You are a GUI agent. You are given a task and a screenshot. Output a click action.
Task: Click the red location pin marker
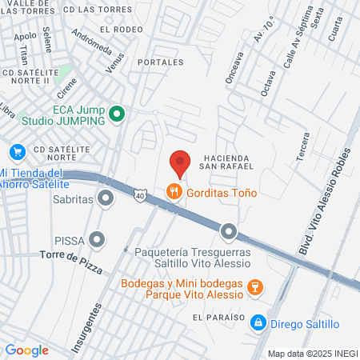(180, 162)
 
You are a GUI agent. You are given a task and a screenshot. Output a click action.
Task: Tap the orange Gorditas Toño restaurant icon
(173, 192)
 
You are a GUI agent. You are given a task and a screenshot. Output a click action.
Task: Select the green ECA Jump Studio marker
(117, 114)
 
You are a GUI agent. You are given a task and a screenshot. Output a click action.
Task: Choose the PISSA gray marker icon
(98, 238)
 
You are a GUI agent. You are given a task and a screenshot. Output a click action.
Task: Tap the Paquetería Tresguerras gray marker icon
(229, 232)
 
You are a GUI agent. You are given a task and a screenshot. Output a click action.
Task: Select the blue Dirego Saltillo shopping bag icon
(258, 322)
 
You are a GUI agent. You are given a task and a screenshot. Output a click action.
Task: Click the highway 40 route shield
(140, 194)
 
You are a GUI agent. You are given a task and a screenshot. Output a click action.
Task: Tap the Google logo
(26, 350)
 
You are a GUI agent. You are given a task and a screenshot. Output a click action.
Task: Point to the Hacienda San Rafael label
(228, 161)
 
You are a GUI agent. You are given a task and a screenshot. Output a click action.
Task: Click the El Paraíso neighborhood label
(218, 317)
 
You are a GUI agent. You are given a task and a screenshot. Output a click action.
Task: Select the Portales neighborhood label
(155, 62)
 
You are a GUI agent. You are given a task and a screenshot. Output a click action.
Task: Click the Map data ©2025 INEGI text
(312, 353)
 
